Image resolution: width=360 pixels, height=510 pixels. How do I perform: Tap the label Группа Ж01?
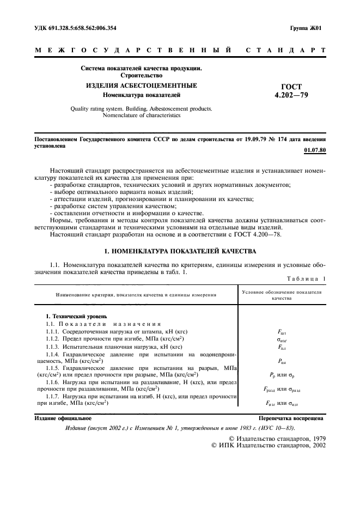pyautogui.click(x=306, y=27)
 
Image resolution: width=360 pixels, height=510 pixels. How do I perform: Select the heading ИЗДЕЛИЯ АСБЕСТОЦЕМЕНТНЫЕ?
pyautogui.click(x=141, y=86)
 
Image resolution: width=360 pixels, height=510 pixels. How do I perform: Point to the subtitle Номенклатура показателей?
pyautogui.click(x=141, y=95)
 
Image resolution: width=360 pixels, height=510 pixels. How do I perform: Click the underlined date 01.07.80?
pyautogui.click(x=314, y=150)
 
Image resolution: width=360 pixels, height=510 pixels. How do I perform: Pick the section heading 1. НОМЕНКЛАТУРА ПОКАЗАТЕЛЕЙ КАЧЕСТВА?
pyautogui.click(x=180, y=252)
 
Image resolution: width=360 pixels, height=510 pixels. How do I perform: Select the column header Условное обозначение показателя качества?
pyautogui.click(x=282, y=295)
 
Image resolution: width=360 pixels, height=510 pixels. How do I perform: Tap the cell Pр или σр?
pyautogui.click(x=282, y=375)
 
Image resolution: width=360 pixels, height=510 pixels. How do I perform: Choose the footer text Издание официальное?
pyautogui.click(x=63, y=418)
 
